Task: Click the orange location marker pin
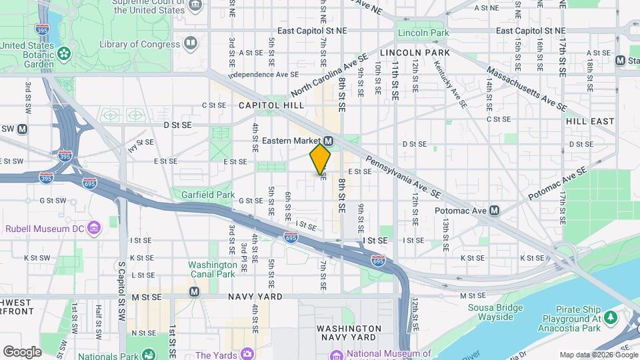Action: pos(320,159)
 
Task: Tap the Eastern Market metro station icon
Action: pos(328,141)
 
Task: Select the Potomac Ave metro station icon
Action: pos(494,211)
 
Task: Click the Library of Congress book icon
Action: pos(191,44)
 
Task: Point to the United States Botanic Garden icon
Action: pos(64,53)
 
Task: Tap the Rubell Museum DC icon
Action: pos(93,229)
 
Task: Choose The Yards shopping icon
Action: pos(247,353)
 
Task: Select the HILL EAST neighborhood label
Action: pos(589,121)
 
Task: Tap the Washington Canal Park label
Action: pos(211,269)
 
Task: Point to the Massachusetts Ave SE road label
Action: pos(526,88)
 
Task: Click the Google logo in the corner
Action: pos(22,351)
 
